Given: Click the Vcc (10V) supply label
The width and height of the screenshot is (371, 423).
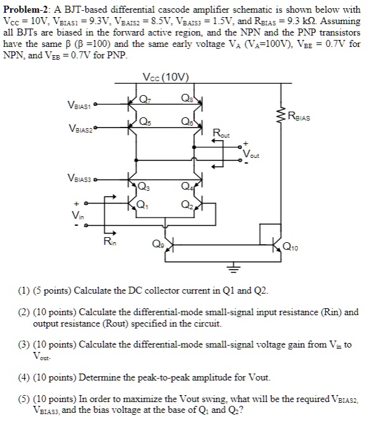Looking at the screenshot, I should click(x=166, y=78).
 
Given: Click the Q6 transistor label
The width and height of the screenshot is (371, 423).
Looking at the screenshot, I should click(x=184, y=122).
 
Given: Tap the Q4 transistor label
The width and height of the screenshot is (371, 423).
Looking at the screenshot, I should click(x=185, y=186).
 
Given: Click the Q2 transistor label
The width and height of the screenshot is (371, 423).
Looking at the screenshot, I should click(x=185, y=204).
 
